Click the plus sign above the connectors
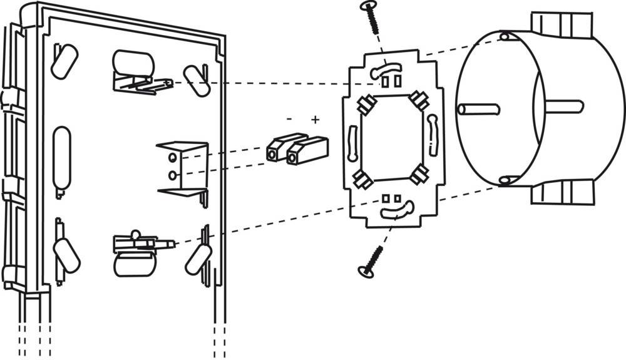tap(316, 119)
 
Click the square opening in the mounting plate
tap(392, 139)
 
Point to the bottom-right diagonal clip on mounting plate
tap(419, 175)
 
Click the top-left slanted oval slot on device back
tap(64, 61)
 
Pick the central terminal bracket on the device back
tap(182, 167)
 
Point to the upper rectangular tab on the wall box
tap(562, 25)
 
